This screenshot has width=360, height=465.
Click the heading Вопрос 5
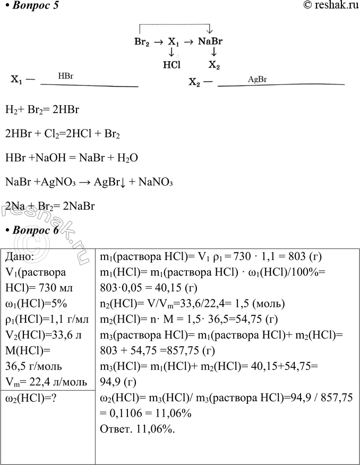pos(31,6)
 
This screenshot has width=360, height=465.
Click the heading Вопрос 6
pos(31,230)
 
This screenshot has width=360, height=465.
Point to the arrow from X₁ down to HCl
pos(172,53)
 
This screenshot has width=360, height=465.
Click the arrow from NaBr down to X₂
pos(213,53)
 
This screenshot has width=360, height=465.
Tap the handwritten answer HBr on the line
pos(65,76)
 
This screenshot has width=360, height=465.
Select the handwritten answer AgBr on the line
pos(257,79)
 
